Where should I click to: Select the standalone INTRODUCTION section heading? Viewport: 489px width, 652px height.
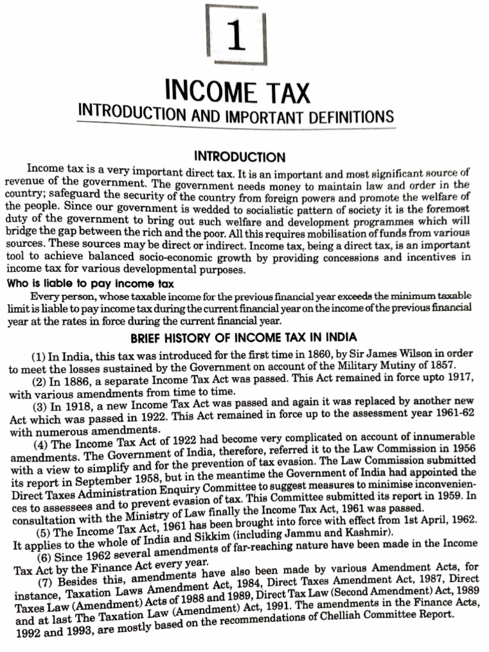click(239, 157)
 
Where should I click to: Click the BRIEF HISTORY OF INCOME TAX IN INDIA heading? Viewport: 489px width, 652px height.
click(244, 337)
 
